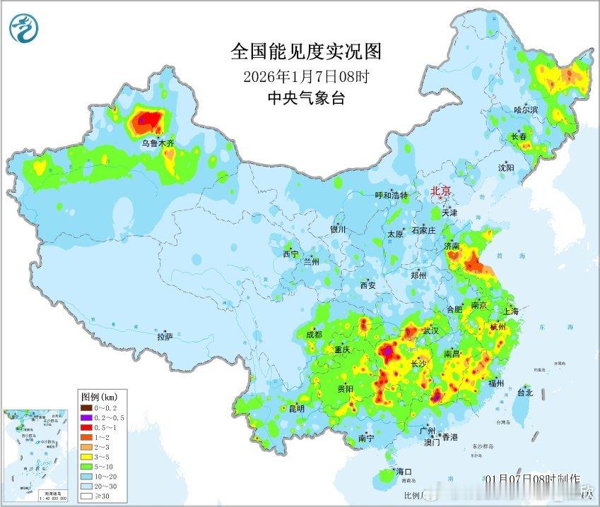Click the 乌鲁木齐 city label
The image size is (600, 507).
[158, 143]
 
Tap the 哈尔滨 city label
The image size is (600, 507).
[526, 110]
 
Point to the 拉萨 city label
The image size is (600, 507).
[165, 337]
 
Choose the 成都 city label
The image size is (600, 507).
[314, 334]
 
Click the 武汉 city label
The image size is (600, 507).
[430, 330]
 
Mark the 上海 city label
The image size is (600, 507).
[512, 311]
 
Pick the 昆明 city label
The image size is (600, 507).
[297, 408]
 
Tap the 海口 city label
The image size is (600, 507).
[404, 472]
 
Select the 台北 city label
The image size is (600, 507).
[525, 392]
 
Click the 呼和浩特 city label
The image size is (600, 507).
[391, 196]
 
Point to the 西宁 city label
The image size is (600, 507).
[290, 253]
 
